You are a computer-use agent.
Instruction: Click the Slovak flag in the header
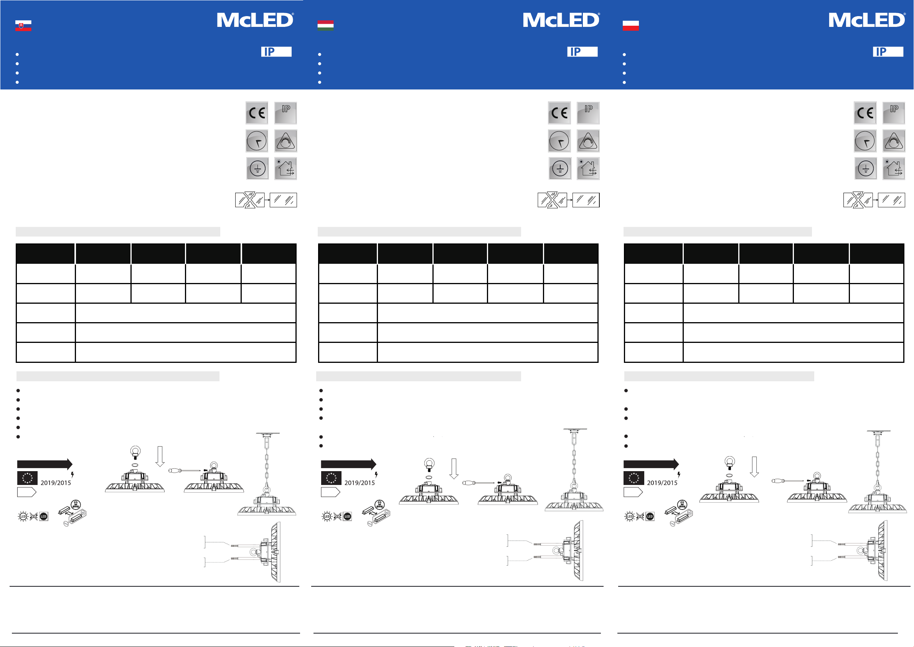click(23, 26)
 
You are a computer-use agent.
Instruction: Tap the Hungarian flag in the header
click(325, 26)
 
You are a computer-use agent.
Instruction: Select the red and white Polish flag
click(630, 26)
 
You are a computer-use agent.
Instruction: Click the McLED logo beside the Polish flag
click(867, 20)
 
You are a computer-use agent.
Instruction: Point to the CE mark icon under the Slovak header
click(257, 113)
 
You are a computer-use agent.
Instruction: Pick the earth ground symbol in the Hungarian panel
click(560, 169)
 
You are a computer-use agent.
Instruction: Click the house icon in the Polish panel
click(894, 169)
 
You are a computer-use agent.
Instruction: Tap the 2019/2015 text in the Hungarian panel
click(360, 483)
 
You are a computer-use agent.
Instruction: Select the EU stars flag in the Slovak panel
click(28, 478)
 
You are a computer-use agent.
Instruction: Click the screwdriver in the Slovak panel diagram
click(185, 470)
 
